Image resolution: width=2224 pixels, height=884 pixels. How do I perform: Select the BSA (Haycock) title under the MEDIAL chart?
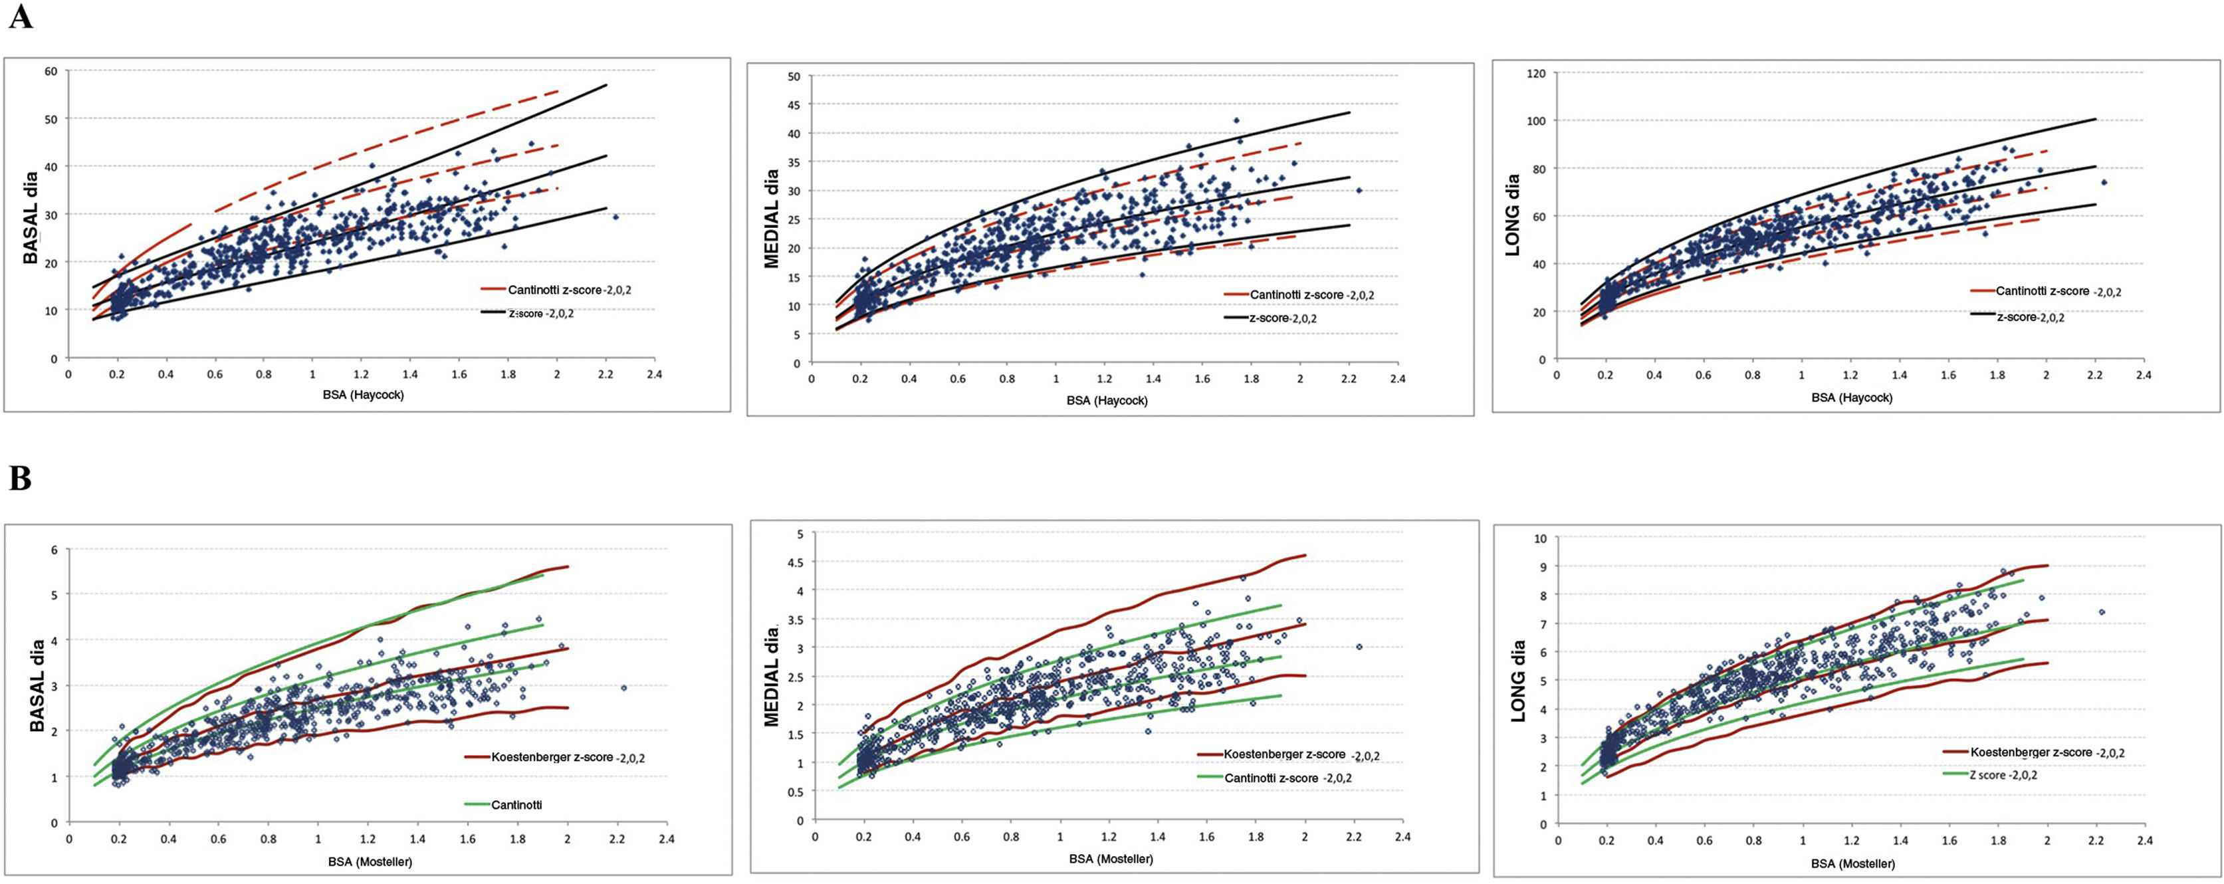(1107, 401)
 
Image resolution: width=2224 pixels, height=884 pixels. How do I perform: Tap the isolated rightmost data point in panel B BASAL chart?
(623, 688)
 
